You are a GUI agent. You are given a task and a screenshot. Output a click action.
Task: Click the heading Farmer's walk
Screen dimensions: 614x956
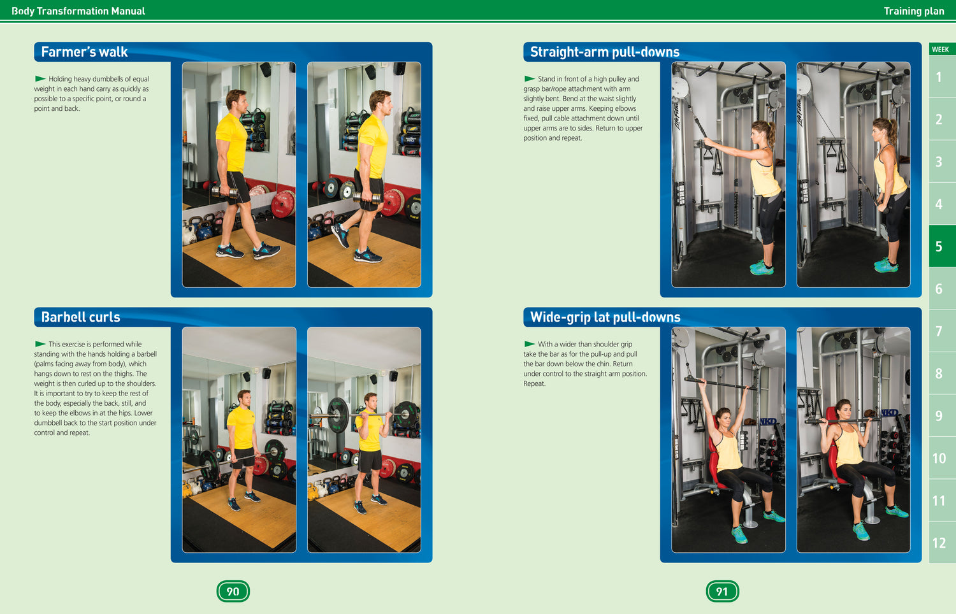(x=84, y=52)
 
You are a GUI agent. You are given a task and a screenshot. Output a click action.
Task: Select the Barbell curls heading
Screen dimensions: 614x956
(x=80, y=317)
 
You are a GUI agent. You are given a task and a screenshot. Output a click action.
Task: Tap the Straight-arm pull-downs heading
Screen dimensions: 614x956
(x=604, y=52)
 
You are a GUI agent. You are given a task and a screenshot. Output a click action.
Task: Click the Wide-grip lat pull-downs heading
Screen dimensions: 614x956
(x=605, y=317)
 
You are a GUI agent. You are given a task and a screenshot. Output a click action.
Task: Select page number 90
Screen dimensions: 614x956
(x=233, y=591)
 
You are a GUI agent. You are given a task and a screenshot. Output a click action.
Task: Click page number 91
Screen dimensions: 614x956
(x=722, y=591)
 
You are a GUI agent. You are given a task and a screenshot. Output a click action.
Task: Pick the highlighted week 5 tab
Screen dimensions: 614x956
(x=939, y=246)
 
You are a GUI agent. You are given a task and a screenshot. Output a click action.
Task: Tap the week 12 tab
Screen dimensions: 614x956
(x=939, y=543)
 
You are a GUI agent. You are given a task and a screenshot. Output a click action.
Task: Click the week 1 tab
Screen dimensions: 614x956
(x=939, y=77)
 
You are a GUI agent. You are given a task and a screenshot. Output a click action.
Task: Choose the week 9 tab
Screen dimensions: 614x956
(x=939, y=416)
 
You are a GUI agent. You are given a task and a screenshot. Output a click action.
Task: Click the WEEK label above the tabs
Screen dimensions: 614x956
(x=940, y=49)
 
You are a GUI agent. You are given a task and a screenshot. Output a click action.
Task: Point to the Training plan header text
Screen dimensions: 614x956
(x=913, y=11)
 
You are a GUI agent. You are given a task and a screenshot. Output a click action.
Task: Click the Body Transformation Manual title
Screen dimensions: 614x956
(x=78, y=11)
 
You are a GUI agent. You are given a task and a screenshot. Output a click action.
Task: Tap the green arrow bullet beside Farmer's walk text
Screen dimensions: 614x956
(x=40, y=78)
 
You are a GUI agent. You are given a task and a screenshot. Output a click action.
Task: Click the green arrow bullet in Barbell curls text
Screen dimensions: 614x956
(x=40, y=344)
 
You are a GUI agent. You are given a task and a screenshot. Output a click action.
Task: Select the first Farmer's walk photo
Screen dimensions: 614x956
(x=239, y=175)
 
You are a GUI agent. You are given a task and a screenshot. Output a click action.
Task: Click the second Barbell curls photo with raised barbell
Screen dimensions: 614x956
(x=364, y=439)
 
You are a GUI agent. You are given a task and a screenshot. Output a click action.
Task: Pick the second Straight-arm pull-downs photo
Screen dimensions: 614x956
(x=853, y=175)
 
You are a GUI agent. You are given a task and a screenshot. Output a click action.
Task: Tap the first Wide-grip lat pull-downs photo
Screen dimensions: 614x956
(x=728, y=439)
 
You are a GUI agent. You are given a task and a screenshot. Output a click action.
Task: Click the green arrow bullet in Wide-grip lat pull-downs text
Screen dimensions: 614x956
(x=530, y=344)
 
